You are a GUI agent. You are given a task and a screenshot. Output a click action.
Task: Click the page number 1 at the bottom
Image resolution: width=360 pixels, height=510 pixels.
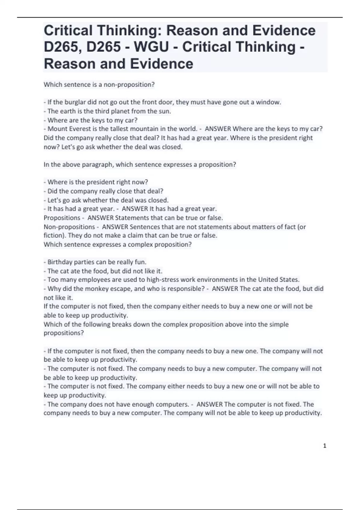click(x=325, y=446)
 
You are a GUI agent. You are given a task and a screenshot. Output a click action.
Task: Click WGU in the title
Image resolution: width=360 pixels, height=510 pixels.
click(x=151, y=47)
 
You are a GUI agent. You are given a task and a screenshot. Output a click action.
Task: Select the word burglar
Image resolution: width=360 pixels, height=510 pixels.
click(x=76, y=102)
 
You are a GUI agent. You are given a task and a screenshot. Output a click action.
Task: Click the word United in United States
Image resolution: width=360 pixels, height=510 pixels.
click(x=269, y=280)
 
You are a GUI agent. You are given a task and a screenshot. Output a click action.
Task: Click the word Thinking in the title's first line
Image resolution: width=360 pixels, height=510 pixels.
click(x=128, y=31)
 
